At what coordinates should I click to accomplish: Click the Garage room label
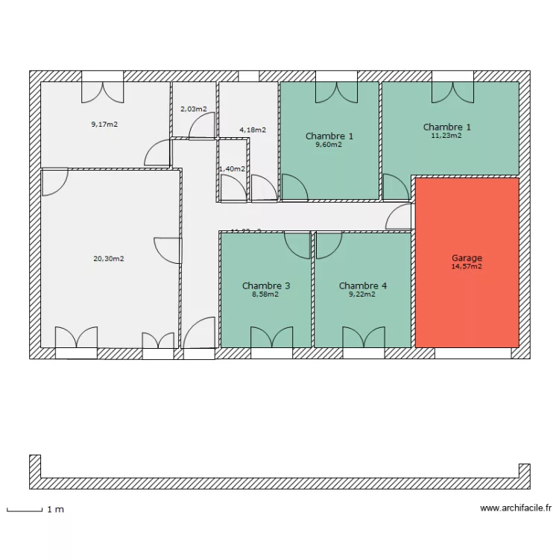(467, 258)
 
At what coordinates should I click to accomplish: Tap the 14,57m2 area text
(467, 266)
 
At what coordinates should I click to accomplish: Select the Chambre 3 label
(266, 285)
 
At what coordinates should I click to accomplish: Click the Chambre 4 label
(363, 285)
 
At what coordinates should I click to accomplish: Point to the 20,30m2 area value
(109, 259)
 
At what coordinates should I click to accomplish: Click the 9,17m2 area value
(104, 124)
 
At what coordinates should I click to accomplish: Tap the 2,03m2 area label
(194, 109)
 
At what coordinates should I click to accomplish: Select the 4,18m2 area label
(253, 130)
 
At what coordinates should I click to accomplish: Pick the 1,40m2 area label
(232, 168)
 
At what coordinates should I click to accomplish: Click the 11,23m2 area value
(446, 135)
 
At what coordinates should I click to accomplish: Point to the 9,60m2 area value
(329, 145)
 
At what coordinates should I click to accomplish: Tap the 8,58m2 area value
(265, 294)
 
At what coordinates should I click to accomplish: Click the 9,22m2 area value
(362, 294)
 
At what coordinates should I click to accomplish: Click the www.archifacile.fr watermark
(516, 508)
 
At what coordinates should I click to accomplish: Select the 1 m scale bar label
(55, 510)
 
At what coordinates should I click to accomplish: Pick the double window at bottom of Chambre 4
(363, 339)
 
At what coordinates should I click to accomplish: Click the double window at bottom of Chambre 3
(271, 339)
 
